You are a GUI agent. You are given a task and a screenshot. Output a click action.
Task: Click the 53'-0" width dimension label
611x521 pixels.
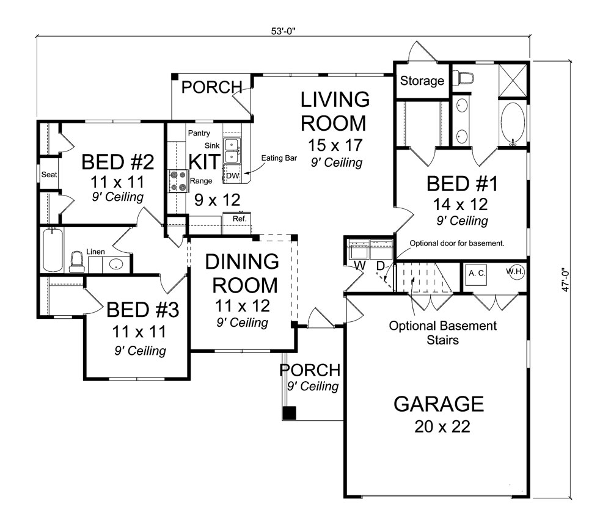coord(284,31)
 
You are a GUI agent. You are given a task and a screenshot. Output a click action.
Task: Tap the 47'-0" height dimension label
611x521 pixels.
coord(566,280)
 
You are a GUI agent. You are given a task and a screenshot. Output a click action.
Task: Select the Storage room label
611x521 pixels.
coord(422,81)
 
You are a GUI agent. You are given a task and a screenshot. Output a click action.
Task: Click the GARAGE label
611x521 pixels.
coord(439,404)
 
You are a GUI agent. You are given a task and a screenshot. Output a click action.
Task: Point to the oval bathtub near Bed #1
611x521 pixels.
coord(513,123)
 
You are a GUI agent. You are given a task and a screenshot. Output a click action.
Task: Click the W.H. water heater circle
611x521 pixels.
coord(515,271)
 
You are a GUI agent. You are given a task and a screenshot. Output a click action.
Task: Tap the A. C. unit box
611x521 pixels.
coord(477,274)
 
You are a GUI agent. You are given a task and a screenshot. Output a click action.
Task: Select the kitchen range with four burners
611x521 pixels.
coord(178,181)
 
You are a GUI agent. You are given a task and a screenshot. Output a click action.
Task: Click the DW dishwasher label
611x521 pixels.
coord(233,176)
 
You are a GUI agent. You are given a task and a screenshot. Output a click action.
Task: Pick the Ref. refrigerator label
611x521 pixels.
coord(240,219)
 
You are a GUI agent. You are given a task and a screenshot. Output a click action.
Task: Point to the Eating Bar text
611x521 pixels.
coord(279,158)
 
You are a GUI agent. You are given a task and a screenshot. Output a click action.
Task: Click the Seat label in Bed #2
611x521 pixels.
coord(49,175)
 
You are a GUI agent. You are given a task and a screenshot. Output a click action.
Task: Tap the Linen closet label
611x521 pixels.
coord(95,252)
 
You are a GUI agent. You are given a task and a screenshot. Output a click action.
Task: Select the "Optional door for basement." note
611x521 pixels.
coord(457,243)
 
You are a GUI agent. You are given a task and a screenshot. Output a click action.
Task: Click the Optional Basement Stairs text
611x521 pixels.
coord(442,332)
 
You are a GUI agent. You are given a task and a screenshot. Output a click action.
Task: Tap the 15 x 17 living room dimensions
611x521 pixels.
coord(335,145)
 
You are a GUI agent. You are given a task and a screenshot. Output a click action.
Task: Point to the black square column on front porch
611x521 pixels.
coord(289,413)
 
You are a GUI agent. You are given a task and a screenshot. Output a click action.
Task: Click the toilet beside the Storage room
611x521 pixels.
coord(465,78)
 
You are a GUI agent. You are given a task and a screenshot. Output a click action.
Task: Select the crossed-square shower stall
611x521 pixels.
coord(513,80)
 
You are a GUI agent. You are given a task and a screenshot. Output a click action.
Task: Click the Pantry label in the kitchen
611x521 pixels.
coord(199,133)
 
